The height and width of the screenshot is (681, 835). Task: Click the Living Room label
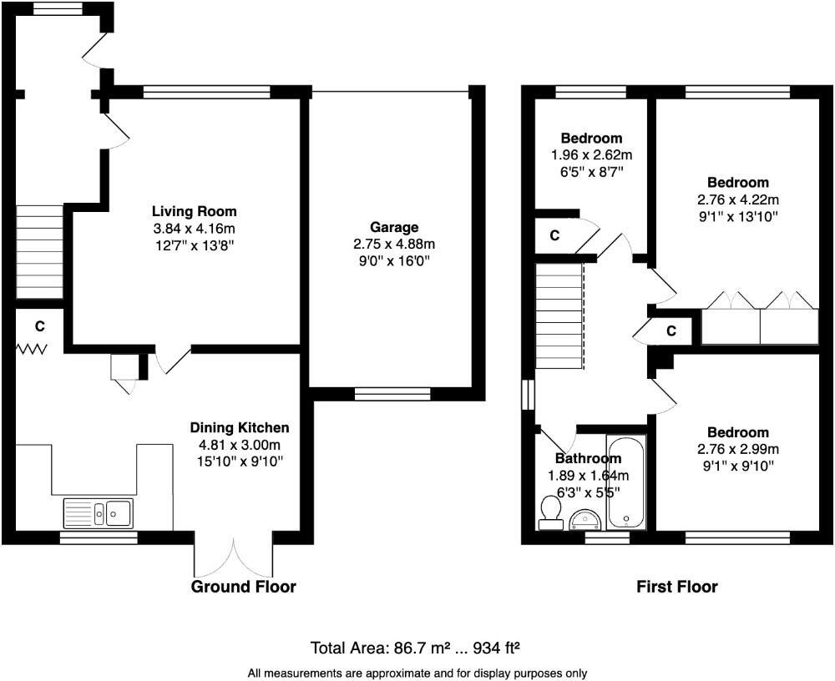tap(194, 211)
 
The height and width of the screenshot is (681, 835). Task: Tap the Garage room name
tap(394, 227)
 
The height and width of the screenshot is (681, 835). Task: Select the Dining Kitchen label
tap(240, 427)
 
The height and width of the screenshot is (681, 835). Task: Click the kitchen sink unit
tap(99, 512)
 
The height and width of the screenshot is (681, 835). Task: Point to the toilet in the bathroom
tap(550, 513)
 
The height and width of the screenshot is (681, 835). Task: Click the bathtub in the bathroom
tap(626, 482)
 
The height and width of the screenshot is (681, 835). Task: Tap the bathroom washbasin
tap(585, 520)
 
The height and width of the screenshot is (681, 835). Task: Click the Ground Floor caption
tap(243, 587)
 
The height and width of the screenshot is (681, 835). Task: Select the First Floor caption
tap(677, 587)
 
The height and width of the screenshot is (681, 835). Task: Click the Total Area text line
tap(415, 648)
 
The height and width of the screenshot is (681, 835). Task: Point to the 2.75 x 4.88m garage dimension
tap(394, 245)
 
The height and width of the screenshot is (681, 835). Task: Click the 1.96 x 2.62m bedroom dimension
tap(592, 155)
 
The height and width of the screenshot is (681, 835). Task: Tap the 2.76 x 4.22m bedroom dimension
tap(737, 199)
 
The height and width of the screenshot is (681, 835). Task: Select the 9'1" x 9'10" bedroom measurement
tap(737, 466)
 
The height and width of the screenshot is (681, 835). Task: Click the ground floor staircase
tap(40, 252)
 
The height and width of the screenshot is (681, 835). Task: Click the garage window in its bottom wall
tap(392, 394)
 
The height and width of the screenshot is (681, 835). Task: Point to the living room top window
tap(206, 92)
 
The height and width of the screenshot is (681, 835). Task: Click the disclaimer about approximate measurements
tap(417, 673)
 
